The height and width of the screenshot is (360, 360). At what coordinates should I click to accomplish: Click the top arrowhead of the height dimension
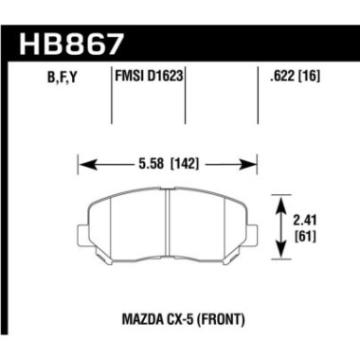point(281,198)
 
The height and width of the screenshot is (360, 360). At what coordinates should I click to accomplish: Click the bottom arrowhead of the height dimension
point(281,255)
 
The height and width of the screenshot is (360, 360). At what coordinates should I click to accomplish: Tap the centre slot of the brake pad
point(168,223)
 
